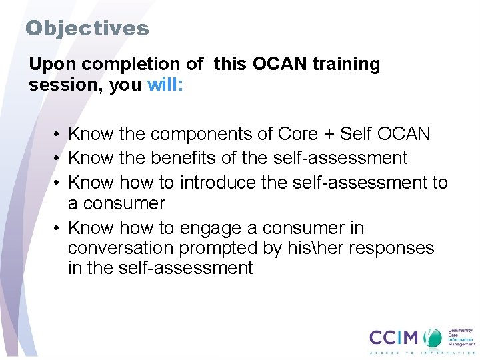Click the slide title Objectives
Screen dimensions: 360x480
(x=87, y=28)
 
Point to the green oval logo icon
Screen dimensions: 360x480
(x=433, y=337)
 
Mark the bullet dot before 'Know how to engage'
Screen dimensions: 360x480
(x=59, y=229)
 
